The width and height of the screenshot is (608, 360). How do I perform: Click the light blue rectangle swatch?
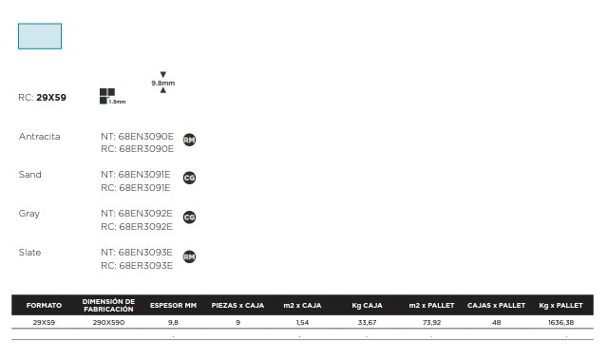pos(40,36)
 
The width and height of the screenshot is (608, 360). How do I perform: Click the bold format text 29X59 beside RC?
pos(51,97)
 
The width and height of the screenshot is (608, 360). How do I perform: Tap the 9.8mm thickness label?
pos(162,83)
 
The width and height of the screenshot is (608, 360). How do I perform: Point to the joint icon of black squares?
pos(107,96)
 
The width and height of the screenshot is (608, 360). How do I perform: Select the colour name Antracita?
pos(40,137)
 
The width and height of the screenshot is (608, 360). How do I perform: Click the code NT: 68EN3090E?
pos(137,137)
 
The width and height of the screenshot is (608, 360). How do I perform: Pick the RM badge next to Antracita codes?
pos(189,140)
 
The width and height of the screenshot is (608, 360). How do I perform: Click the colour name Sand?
pos(29,175)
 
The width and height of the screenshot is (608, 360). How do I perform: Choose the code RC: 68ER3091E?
pos(136,187)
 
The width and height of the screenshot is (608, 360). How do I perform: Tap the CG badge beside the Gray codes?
pos(189,217)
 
